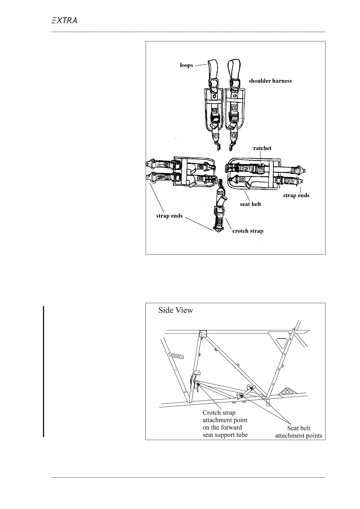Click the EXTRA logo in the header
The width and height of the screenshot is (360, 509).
tap(64, 21)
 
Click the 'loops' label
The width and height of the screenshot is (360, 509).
tap(186, 65)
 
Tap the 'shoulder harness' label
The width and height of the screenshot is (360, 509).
tap(270, 81)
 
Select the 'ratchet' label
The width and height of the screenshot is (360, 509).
tap(262, 148)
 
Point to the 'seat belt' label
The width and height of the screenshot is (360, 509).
tap(250, 204)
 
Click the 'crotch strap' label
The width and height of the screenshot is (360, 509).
tap(248, 231)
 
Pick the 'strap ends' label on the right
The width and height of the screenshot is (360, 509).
tap(296, 195)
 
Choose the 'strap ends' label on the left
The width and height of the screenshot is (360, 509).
tap(169, 216)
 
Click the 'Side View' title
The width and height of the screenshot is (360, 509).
tap(176, 310)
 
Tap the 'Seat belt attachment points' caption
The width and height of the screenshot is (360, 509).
tap(298, 432)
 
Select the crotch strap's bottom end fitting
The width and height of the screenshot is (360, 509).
tap(218, 230)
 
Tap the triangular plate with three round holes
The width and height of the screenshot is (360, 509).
tap(287, 392)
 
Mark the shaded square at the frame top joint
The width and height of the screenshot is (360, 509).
tap(203, 333)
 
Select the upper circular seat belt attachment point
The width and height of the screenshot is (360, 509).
tap(249, 386)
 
